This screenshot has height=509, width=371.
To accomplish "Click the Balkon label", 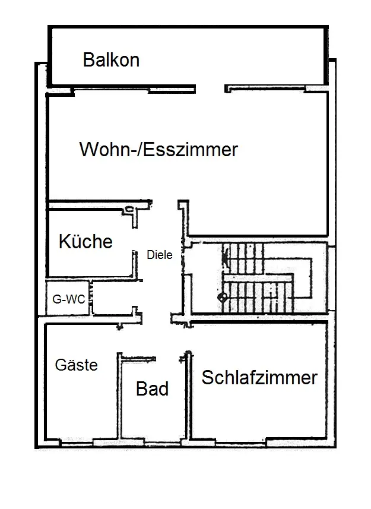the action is click(111, 60).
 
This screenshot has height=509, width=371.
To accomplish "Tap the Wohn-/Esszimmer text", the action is click(158, 149).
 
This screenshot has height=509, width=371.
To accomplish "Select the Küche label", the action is click(85, 242).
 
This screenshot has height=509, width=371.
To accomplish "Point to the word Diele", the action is click(159, 255).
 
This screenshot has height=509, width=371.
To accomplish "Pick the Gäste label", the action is click(76, 365).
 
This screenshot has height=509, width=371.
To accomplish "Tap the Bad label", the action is click(152, 389).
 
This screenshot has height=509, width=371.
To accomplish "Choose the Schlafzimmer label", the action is click(259, 378).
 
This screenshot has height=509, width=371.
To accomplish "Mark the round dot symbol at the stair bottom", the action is click(223, 297).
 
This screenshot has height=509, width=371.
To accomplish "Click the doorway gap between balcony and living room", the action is click(210, 89).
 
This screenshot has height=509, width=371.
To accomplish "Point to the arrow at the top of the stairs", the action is click(224, 257).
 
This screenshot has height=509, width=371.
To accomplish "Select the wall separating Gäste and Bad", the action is click(119, 398).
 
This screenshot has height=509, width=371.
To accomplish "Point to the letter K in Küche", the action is click(64, 242).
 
